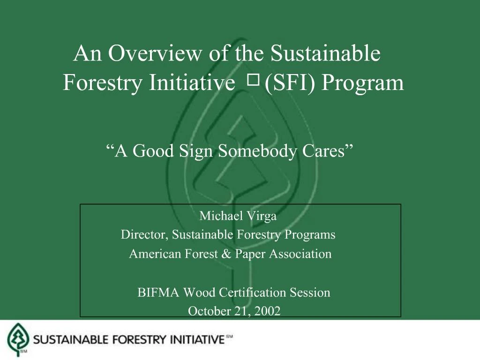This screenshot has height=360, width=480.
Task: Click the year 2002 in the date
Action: point(268,310)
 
